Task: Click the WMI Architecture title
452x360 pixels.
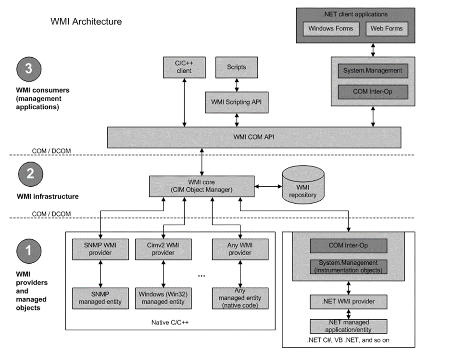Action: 86,21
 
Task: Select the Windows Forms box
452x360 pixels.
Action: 331,28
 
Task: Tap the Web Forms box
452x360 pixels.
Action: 387,28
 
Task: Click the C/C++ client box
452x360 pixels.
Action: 184,67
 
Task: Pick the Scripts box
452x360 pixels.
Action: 237,67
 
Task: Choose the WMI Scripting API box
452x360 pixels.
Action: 237,103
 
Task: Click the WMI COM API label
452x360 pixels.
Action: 254,137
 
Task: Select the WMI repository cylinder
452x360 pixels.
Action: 303,185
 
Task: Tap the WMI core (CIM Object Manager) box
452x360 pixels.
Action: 202,186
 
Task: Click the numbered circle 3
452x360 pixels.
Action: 29,69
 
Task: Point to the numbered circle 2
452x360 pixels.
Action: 31,174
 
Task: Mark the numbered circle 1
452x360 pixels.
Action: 29,251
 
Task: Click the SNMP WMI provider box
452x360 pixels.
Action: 100,249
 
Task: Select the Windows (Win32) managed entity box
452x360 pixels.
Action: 163,298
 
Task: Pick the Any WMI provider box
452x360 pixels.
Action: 240,249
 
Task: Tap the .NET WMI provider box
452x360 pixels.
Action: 349,302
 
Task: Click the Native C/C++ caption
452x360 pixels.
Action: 170,322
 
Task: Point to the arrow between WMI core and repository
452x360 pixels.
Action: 268,186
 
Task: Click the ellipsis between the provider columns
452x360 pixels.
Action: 201,276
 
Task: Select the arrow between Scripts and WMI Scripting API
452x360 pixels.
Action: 237,85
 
